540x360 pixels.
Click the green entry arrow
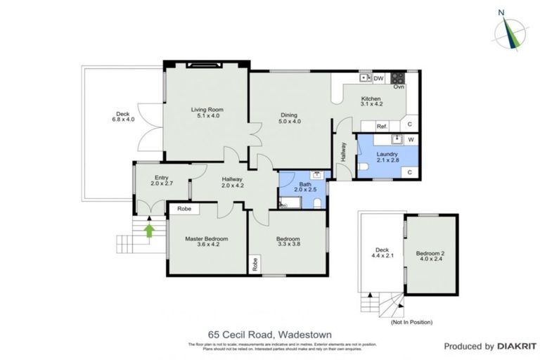[x=149, y=229]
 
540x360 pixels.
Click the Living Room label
[x=207, y=113]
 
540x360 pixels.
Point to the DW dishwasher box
[x=378, y=78]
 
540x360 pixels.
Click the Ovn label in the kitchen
[x=399, y=86]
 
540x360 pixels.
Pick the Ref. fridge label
[x=382, y=127]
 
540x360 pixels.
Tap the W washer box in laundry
[x=411, y=139]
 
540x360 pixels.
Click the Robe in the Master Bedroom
[x=184, y=209]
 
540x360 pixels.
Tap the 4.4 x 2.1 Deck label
[x=382, y=253]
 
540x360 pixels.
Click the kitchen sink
[x=365, y=77]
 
